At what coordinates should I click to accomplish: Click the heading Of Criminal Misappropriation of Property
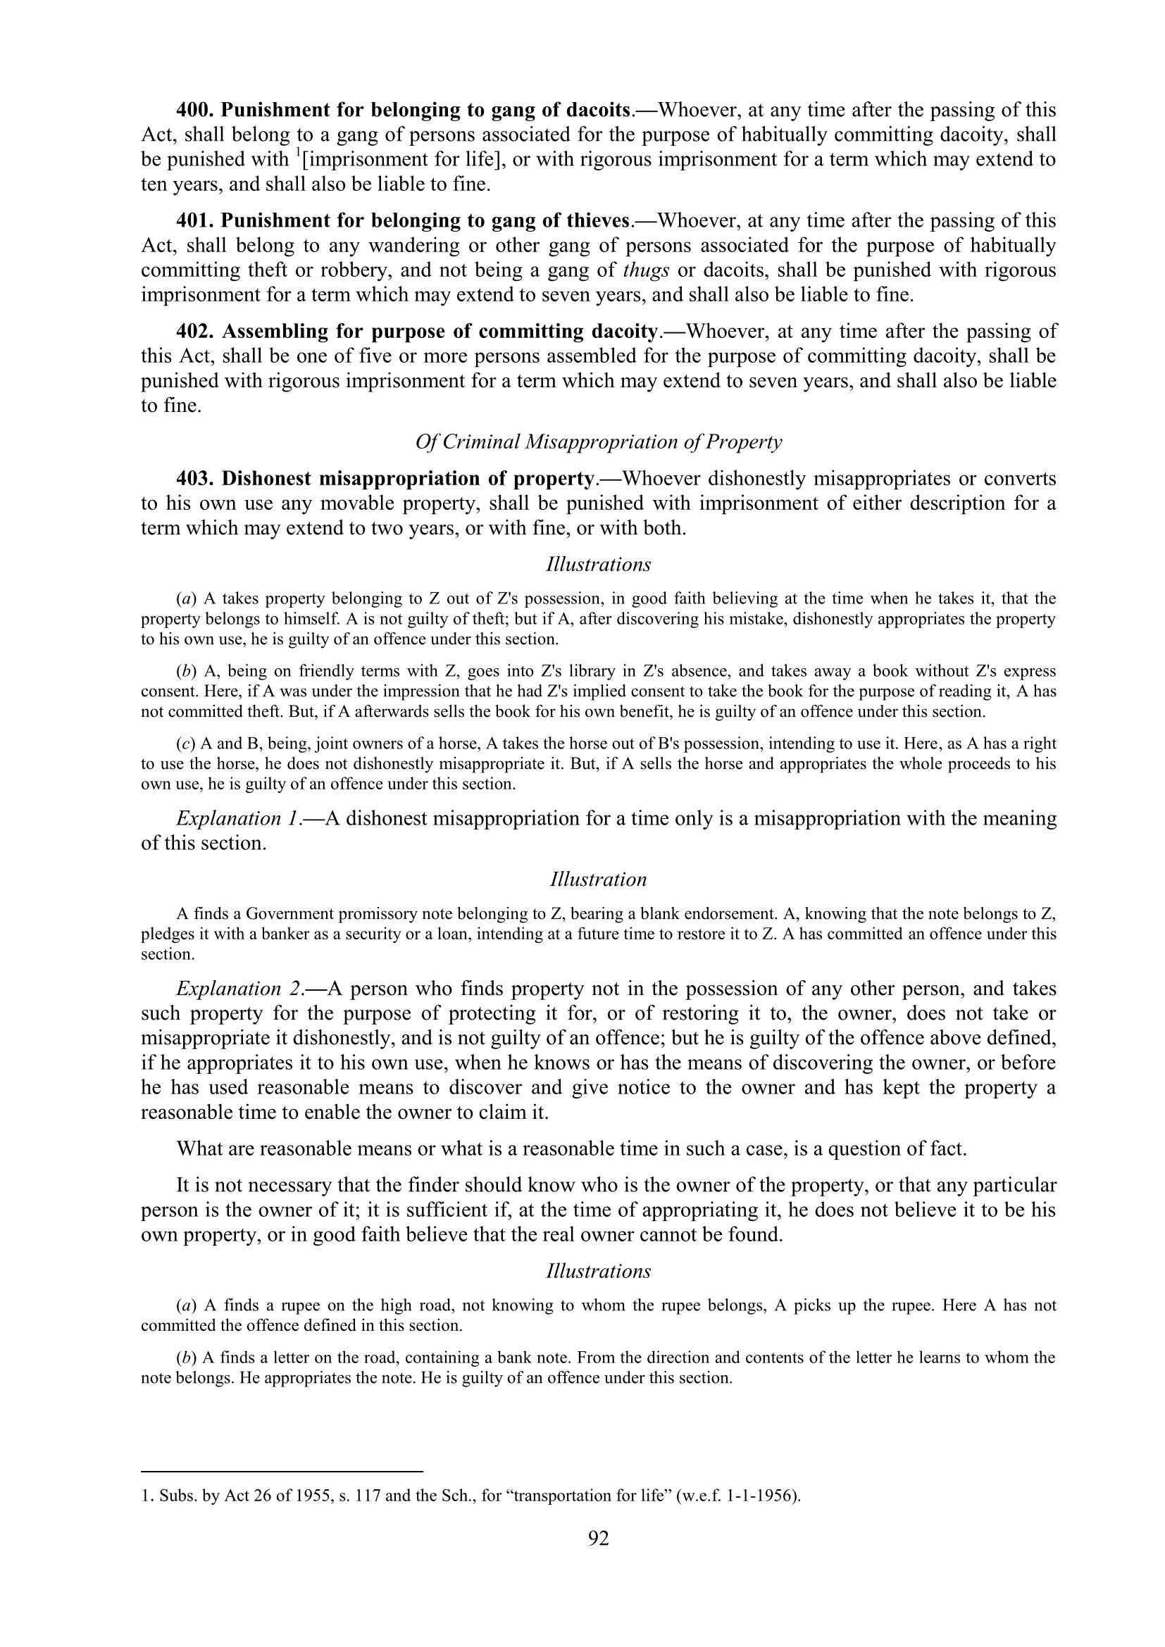598,442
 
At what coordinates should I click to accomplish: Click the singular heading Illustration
598,879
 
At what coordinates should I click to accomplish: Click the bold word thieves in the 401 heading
592,221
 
